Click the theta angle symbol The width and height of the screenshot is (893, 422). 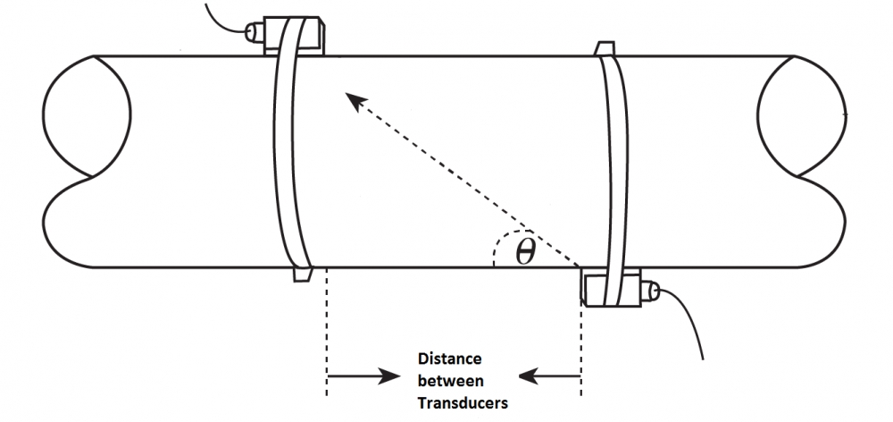coord(526,252)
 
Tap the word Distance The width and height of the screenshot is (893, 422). coord(449,359)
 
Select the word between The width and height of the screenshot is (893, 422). coord(450,380)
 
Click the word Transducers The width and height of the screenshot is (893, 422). coord(463,402)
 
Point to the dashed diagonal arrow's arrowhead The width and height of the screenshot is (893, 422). coord(356,102)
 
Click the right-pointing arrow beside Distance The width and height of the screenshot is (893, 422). coord(363,376)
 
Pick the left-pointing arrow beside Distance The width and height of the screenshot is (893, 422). coord(549,376)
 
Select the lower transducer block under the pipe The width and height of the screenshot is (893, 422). coord(611,288)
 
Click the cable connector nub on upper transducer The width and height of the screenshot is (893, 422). coord(254,32)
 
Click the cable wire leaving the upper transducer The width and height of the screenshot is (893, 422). coord(225,17)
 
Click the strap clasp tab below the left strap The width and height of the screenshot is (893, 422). coord(303,274)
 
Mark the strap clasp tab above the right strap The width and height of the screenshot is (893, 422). coord(605,48)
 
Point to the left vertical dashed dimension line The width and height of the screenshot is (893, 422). coord(327,332)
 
